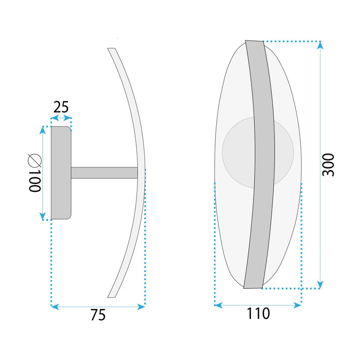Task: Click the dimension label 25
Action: (x=61, y=107)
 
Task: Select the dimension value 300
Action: (x=328, y=164)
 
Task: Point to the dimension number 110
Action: (x=258, y=313)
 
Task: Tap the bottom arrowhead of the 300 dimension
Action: (x=320, y=284)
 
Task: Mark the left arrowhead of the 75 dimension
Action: (x=54, y=307)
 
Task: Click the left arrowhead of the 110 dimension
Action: (x=218, y=305)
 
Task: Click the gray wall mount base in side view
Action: (x=60, y=173)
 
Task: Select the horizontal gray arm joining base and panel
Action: (x=104, y=173)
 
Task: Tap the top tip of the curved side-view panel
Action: (x=110, y=50)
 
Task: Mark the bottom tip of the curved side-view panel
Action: (x=110, y=296)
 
